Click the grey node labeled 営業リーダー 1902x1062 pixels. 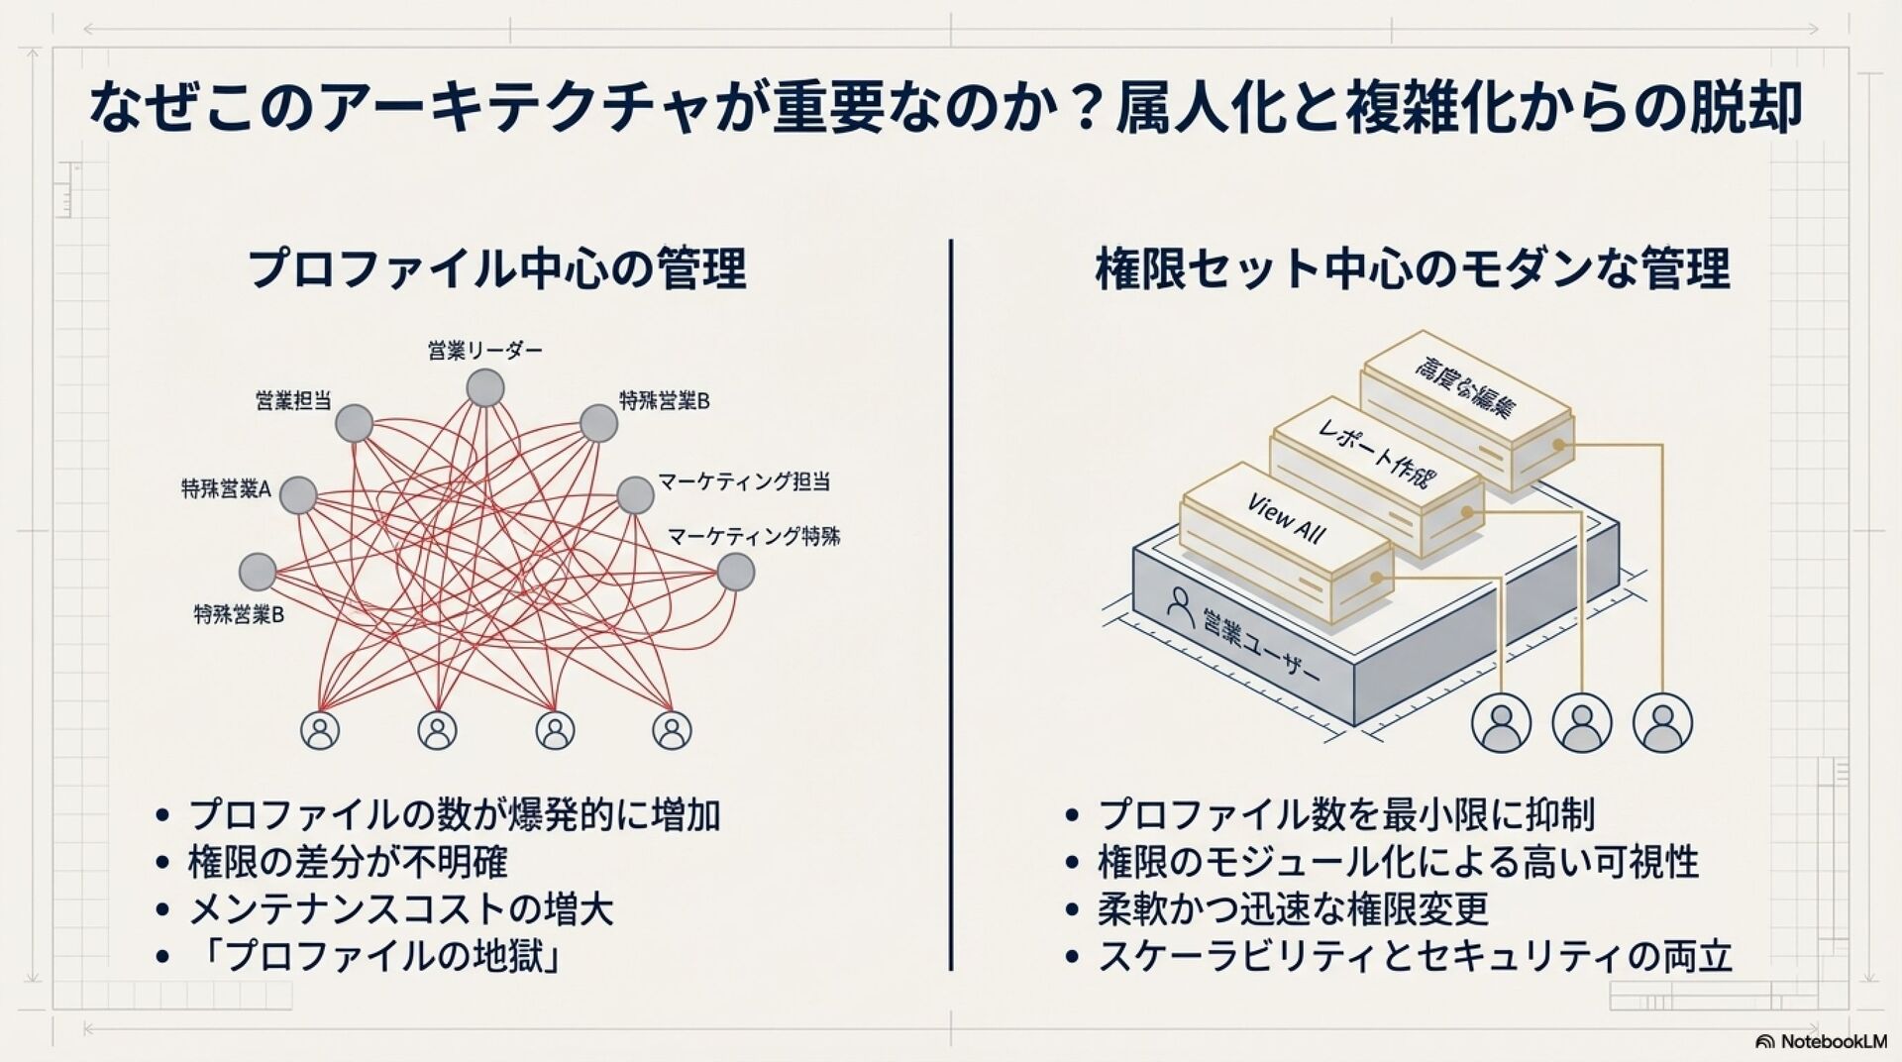click(485, 388)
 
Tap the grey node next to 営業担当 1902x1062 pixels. click(354, 425)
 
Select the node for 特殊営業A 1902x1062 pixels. click(297, 495)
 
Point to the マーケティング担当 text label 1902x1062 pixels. click(743, 482)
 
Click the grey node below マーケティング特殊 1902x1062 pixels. click(735, 573)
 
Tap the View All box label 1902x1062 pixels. click(1286, 519)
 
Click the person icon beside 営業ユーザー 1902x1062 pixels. click(1181, 602)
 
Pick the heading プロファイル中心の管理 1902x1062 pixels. click(496, 268)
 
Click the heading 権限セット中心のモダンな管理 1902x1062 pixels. click(1413, 268)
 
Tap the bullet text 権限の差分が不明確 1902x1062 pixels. click(347, 862)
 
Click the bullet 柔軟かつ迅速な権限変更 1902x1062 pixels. click(1293, 909)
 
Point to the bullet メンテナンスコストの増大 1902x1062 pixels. click(400, 909)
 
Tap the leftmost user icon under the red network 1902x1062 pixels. click(320, 731)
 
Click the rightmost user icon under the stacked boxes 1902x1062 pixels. click(1662, 722)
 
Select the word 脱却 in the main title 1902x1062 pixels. click(1756, 109)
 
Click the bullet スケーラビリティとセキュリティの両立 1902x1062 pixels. click(1415, 957)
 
